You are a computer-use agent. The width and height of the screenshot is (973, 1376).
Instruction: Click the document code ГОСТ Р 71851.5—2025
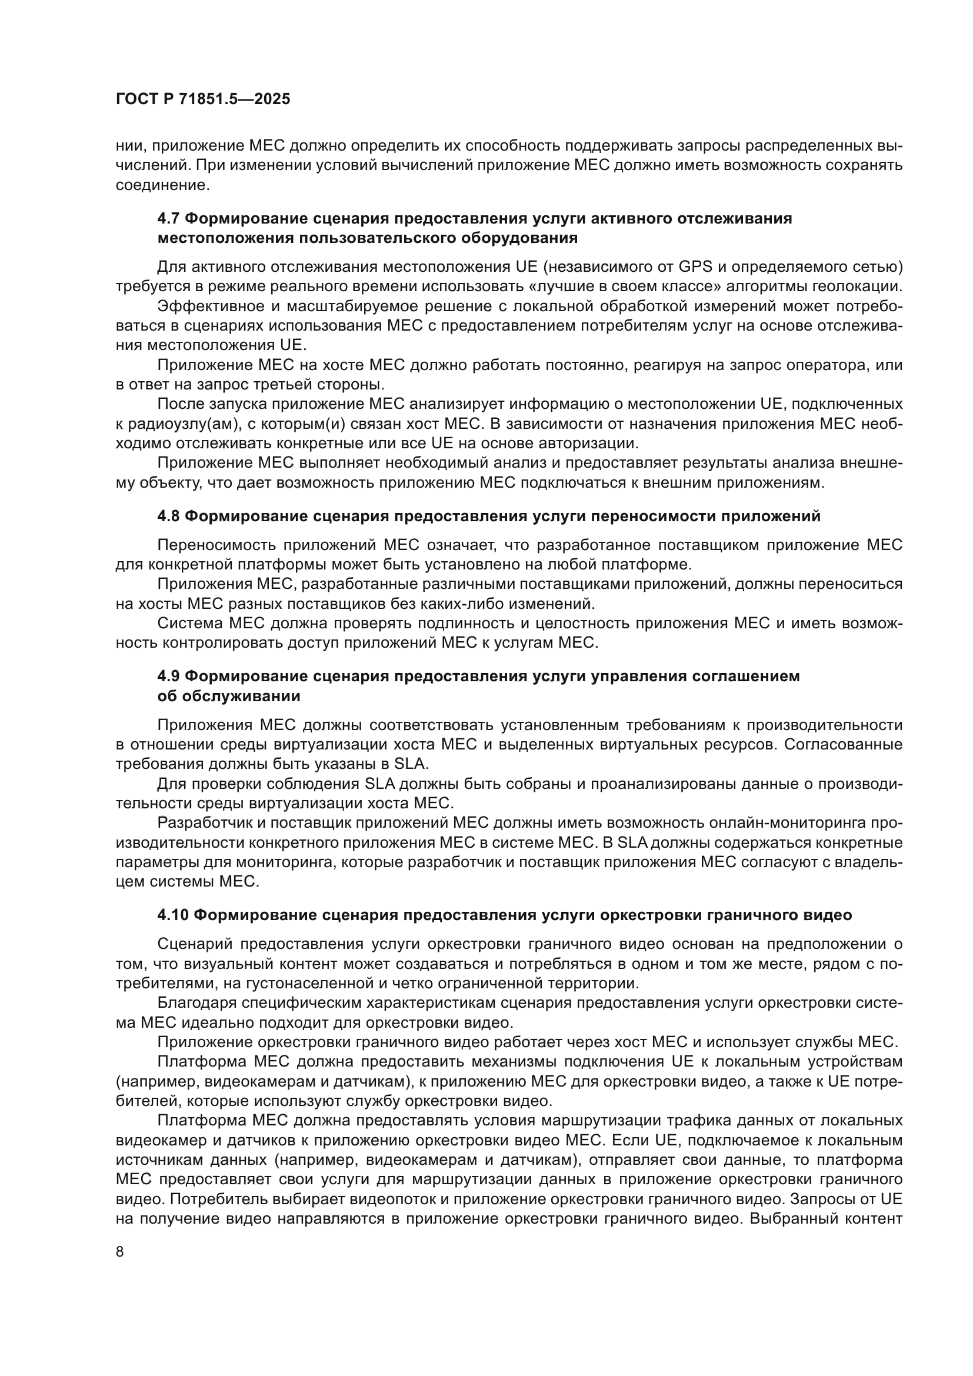point(202,99)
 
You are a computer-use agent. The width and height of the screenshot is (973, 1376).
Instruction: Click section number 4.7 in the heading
point(168,219)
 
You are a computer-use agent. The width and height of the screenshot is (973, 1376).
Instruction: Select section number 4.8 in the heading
point(168,516)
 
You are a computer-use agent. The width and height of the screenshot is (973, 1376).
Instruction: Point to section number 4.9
point(168,676)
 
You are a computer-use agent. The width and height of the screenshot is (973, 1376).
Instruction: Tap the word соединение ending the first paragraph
point(162,186)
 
